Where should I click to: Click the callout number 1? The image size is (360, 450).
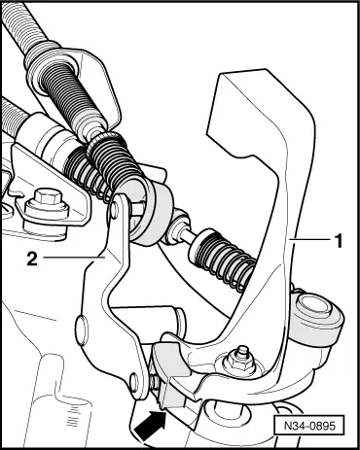pos(338,238)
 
